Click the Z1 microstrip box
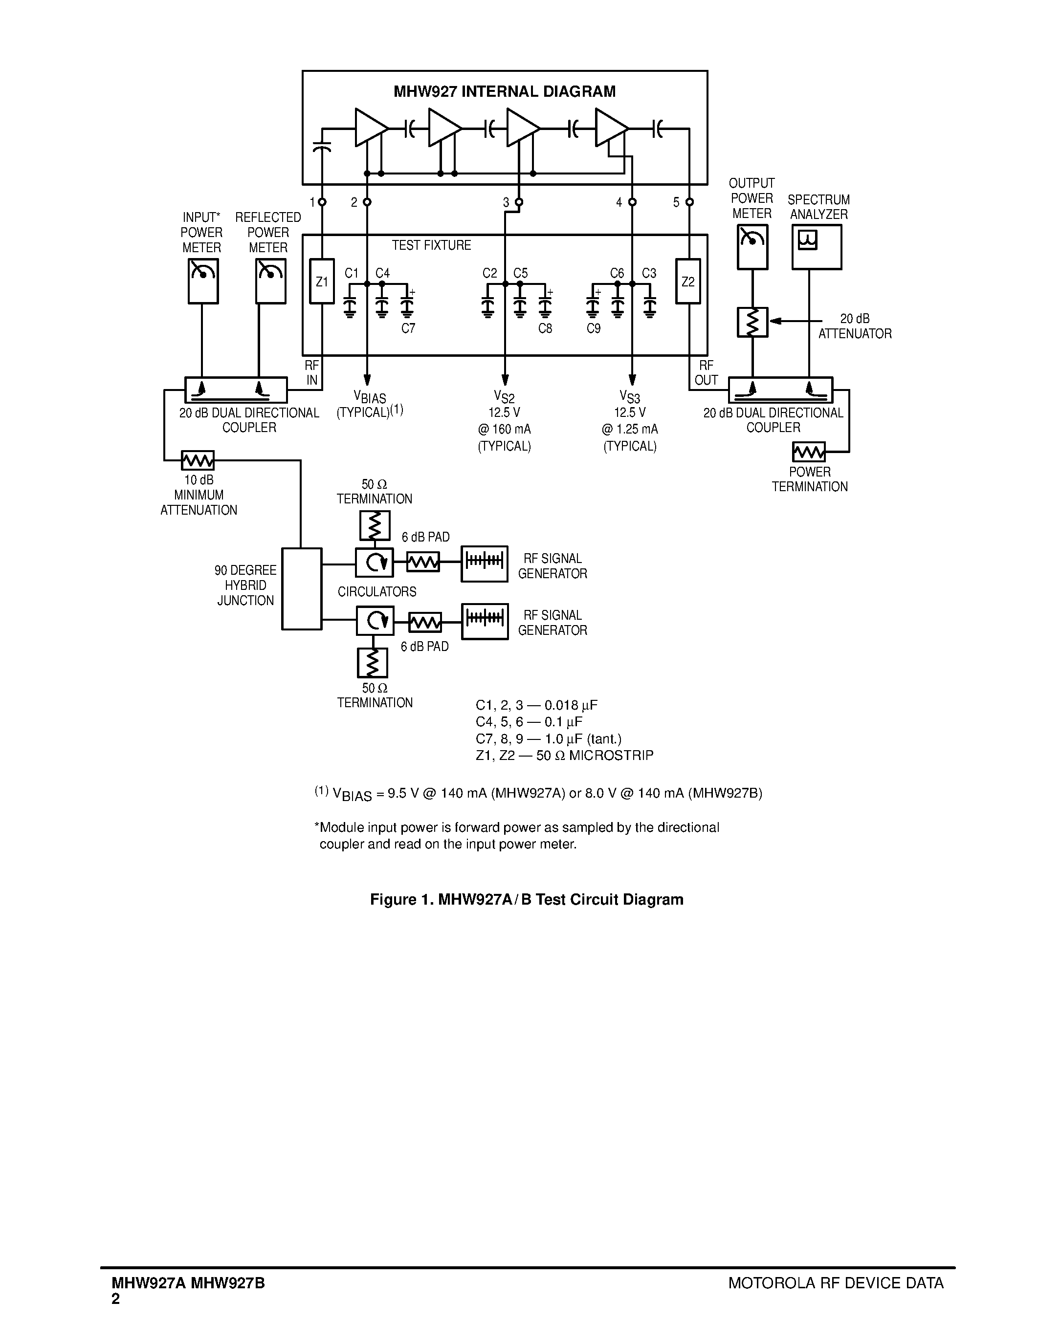tap(322, 281)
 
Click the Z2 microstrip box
tap(688, 281)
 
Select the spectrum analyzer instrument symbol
tap(816, 247)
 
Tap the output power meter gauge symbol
tap(752, 247)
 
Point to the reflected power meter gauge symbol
tap(271, 281)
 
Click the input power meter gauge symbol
tap(203, 281)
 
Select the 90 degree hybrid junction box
tap(302, 589)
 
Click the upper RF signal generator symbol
tap(485, 564)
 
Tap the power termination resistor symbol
tap(809, 452)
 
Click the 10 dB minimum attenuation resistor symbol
tap(198, 460)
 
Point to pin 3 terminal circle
tap(519, 202)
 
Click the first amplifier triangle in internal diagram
tap(371, 128)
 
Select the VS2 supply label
tap(504, 396)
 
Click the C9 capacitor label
tap(594, 328)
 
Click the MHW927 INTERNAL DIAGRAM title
tap(504, 92)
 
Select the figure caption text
tap(526, 900)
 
